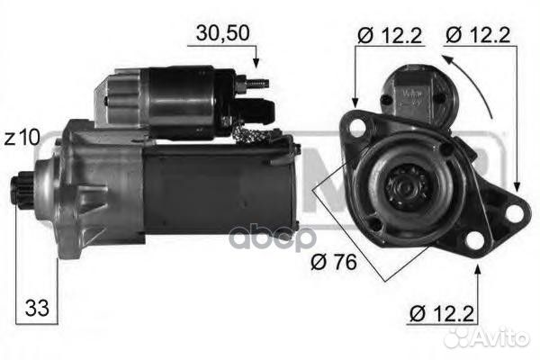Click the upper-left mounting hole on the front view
(357, 125)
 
